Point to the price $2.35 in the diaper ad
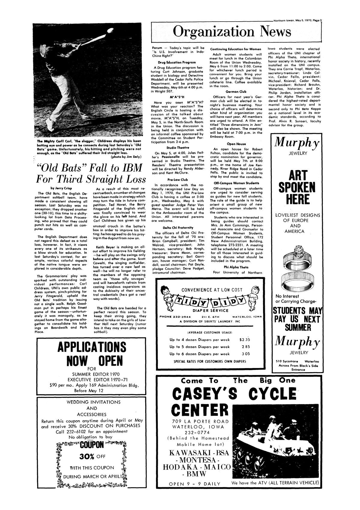244,340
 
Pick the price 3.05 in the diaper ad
245,354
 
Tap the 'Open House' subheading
235,144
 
